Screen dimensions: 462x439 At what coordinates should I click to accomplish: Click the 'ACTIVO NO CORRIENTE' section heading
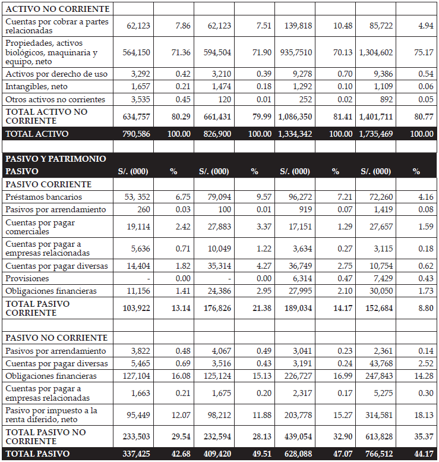pos(58,9)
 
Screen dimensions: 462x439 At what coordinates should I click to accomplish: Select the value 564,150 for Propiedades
pos(136,52)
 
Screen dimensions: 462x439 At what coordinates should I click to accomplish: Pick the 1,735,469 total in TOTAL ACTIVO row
pos(375,134)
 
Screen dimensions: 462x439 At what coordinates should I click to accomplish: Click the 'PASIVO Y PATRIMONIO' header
pos(56,159)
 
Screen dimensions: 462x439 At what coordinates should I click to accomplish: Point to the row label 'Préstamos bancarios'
pos(44,197)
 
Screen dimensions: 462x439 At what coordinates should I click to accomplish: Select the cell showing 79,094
pos(216,197)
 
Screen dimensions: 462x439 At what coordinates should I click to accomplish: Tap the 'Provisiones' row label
pos(27,278)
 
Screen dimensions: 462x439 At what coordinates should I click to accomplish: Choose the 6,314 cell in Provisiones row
pos(300,278)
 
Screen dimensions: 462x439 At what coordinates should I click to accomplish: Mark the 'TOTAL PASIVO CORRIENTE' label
pos(37,308)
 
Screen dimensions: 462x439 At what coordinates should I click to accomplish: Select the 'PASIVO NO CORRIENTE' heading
pos(56,338)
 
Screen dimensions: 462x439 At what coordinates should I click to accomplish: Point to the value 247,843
pos(376,376)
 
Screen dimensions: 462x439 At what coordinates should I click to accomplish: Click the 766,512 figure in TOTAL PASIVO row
pos(376,454)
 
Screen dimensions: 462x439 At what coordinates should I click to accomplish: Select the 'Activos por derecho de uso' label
pos(56,74)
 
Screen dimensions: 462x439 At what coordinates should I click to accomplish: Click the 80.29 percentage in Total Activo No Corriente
pos(181,117)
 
